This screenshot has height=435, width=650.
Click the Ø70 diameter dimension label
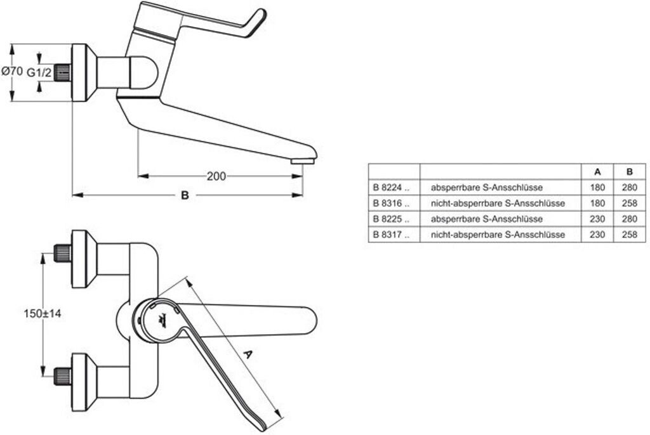12,71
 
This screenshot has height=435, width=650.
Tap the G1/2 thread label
39,72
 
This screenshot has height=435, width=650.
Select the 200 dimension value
216,176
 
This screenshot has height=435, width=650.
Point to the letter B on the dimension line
185,195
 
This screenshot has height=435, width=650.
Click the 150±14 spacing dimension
43,314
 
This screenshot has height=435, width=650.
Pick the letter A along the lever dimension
248,354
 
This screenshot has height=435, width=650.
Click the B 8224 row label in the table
391,188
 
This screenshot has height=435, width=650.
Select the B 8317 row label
391,235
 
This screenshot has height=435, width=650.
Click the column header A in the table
597,171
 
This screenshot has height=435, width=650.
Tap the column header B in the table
630,171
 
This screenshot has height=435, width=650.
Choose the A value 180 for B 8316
597,204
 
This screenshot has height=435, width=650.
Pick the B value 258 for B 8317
630,235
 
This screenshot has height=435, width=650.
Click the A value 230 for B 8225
597,219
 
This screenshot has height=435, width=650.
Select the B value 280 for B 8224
630,188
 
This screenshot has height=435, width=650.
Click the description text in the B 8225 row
487,219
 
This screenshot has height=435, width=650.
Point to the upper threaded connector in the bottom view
63,253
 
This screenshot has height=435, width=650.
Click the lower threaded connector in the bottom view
63,376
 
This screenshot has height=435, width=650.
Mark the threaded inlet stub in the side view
63,73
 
